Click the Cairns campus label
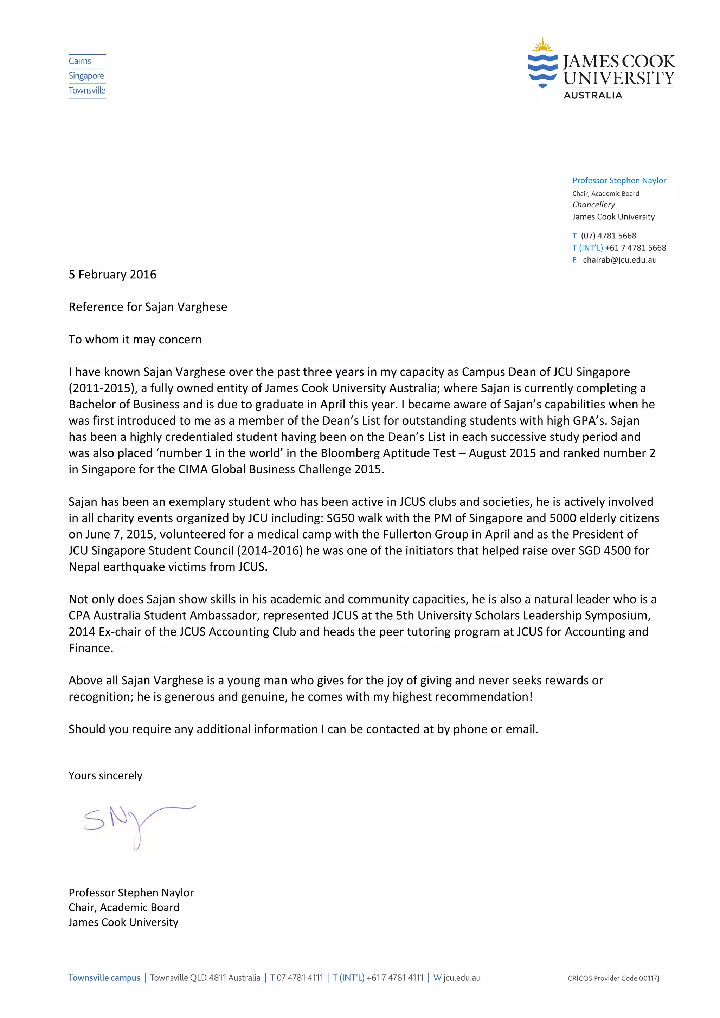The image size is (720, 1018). tap(80, 61)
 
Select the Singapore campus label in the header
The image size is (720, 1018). tap(86, 76)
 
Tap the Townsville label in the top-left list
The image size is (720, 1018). tap(87, 90)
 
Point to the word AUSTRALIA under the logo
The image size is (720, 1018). tap(593, 95)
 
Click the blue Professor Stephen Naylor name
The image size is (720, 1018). tap(619, 180)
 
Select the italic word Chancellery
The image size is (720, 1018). tap(593, 205)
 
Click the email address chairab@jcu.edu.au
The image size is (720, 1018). tap(619, 260)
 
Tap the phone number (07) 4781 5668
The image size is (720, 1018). tap(608, 236)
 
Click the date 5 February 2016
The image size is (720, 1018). tap(112, 275)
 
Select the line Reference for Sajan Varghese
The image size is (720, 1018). tap(148, 307)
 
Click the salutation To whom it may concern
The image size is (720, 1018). tap(135, 340)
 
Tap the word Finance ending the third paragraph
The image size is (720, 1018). tap(90, 648)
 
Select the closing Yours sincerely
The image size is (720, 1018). tap(105, 775)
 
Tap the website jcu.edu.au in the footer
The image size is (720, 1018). tap(461, 978)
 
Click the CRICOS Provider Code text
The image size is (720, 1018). tap(613, 978)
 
